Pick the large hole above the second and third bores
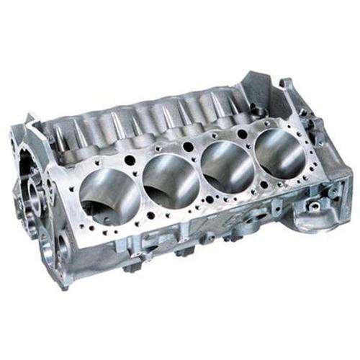coord(189,146)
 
